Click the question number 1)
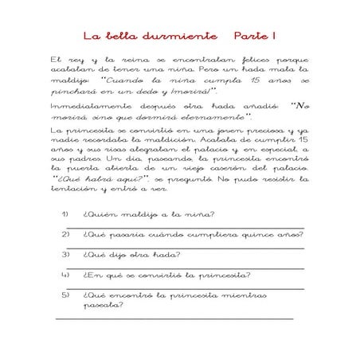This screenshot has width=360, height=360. click(65, 214)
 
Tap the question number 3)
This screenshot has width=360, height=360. click(65, 255)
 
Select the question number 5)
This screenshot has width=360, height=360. click(65, 295)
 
